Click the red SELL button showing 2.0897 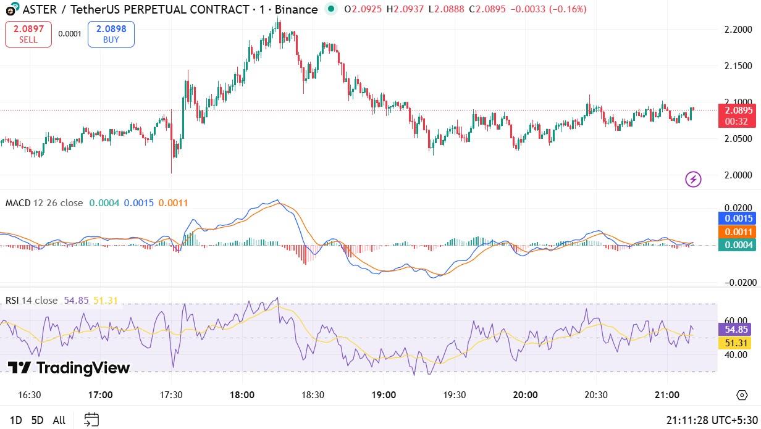pos(28,34)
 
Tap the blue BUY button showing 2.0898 pos(111,34)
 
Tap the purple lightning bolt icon pos(693,179)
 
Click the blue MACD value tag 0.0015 pos(738,219)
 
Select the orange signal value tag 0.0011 pos(738,231)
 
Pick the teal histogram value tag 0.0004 pos(738,244)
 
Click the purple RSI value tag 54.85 pos(738,330)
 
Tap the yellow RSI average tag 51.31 pos(738,343)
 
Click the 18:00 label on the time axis pos(242,395)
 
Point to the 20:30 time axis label pos(595,395)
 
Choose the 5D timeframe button pos(37,420)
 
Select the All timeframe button pos(59,420)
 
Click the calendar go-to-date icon pos(91,420)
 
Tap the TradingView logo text pos(69,369)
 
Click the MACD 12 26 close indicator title pos(44,203)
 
